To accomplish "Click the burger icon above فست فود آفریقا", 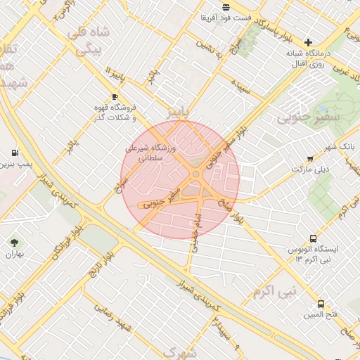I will [225, 8].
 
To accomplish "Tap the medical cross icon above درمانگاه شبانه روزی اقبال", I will [308, 43].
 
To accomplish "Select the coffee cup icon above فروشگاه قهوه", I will [115, 96].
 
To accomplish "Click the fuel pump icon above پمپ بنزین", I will [15, 153].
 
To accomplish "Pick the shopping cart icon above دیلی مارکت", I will [310, 159].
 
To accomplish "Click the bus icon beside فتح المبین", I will [321, 304].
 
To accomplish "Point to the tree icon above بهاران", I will [14, 243].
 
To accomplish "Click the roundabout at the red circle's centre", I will [195, 174].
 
